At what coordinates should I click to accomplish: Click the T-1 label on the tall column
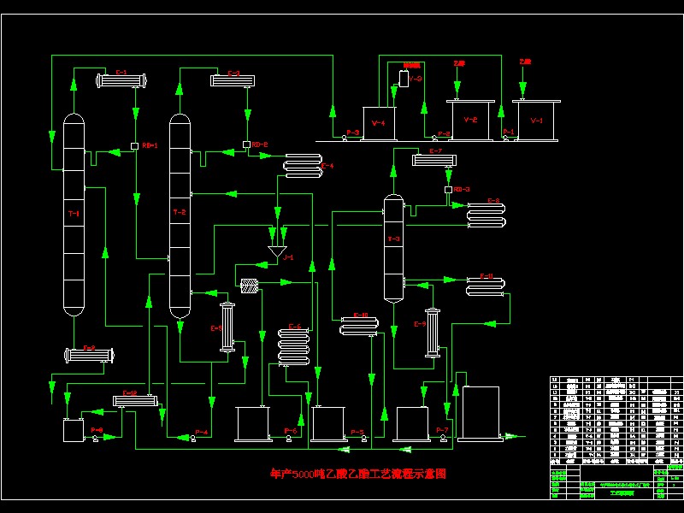(x=74, y=213)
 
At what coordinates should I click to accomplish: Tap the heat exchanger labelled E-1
(x=121, y=82)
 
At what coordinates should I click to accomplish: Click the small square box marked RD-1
(x=134, y=145)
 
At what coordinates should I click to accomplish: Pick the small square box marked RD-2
(x=246, y=144)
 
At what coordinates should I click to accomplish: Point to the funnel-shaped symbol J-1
(x=277, y=252)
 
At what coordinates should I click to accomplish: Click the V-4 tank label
(x=379, y=123)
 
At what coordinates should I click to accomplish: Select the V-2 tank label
(x=470, y=121)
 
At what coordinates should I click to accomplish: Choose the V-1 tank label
(x=537, y=121)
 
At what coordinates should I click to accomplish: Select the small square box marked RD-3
(x=448, y=189)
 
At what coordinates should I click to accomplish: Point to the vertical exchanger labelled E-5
(x=227, y=326)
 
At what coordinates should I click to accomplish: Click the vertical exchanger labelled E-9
(x=432, y=332)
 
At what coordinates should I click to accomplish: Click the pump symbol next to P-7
(x=441, y=438)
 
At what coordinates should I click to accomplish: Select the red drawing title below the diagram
(x=358, y=473)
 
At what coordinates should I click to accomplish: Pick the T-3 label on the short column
(x=393, y=239)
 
